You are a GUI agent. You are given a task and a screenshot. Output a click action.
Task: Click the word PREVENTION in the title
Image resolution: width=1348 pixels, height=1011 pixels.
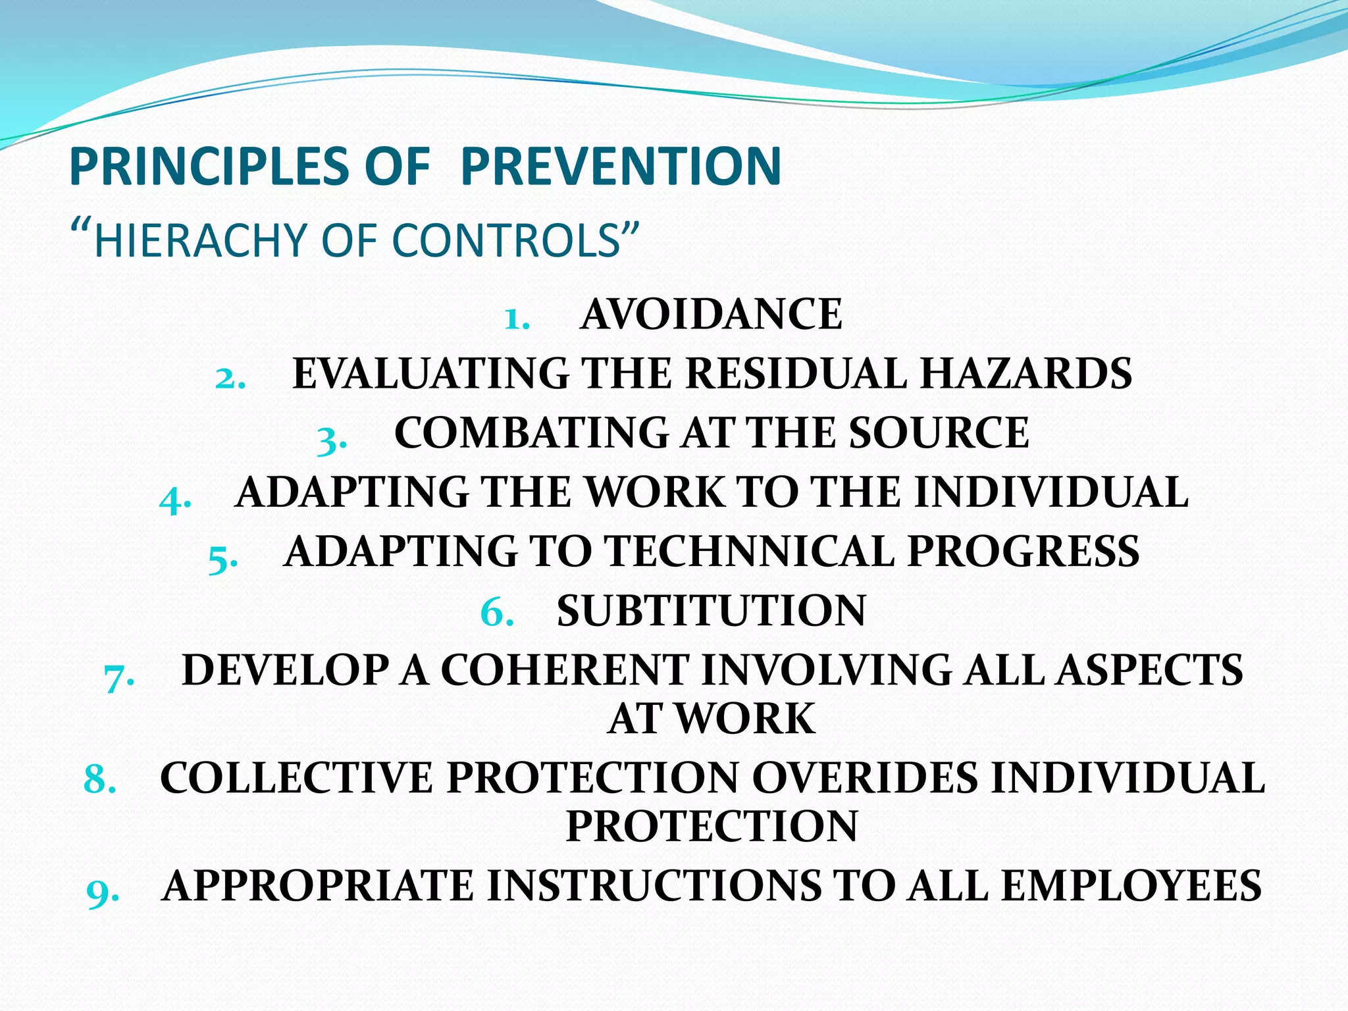pyautogui.click(x=621, y=166)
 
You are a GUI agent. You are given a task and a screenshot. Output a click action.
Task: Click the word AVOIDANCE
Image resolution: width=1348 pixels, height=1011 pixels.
pyautogui.click(x=711, y=314)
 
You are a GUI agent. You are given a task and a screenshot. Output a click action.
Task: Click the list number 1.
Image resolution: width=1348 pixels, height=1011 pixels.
pyautogui.click(x=516, y=319)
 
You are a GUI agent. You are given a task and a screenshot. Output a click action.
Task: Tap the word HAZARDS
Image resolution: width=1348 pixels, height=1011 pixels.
pyautogui.click(x=1025, y=373)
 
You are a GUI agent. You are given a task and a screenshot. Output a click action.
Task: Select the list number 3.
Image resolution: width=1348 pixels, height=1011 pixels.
pyautogui.click(x=331, y=439)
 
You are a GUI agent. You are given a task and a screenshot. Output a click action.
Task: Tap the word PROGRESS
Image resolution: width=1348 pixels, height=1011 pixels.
pyautogui.click(x=1024, y=551)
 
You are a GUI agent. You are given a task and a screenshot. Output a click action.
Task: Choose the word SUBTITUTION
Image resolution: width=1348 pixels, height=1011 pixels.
pyautogui.click(x=711, y=610)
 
